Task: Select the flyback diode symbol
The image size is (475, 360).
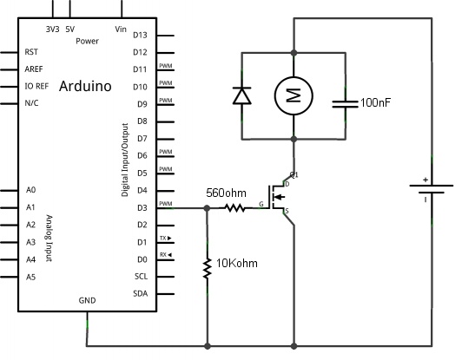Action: pos(241,95)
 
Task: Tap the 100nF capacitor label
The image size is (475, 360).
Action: pos(375,102)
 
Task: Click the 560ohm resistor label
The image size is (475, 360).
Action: pos(226,193)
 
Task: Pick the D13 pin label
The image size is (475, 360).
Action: pos(140,36)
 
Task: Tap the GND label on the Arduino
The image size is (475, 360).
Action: pos(88,300)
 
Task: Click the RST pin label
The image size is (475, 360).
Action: pos(32,52)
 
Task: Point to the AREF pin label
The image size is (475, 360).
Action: pos(35,69)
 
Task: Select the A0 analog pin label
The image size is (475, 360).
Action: pos(31,190)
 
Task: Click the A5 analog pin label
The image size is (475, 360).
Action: pos(31,276)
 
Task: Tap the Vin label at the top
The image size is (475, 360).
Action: pos(121,29)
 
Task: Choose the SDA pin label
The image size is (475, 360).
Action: pos(140,293)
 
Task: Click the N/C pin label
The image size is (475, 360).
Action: pos(32,103)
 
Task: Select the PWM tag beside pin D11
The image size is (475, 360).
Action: pos(166,66)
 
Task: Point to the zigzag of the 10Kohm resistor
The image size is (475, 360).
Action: pos(208,268)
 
